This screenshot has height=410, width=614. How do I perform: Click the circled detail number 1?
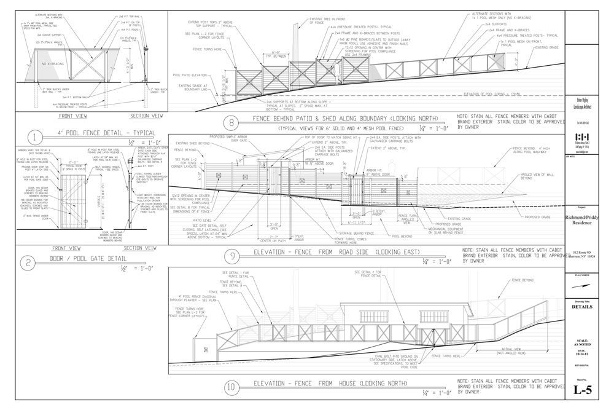click(36, 136)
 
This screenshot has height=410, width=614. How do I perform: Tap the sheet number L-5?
click(581, 389)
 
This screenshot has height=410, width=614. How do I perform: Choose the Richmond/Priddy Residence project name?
click(581, 221)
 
